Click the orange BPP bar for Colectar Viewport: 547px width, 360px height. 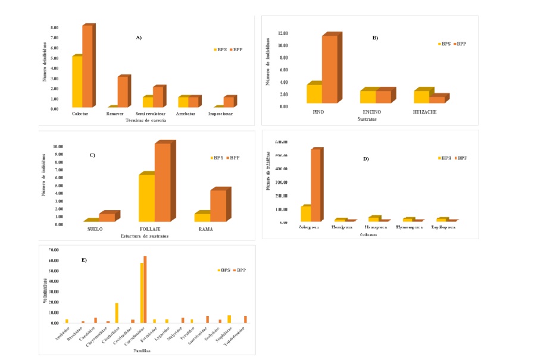click(x=87, y=66)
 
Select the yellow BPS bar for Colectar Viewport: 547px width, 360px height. click(x=77, y=82)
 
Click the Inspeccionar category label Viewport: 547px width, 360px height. click(x=221, y=114)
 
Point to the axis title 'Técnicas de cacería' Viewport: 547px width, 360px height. click(x=146, y=120)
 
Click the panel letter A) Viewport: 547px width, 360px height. click(x=139, y=37)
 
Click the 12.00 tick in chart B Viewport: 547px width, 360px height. click(x=283, y=33)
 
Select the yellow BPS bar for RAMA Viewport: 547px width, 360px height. click(x=202, y=217)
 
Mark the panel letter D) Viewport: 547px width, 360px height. click(x=366, y=159)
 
